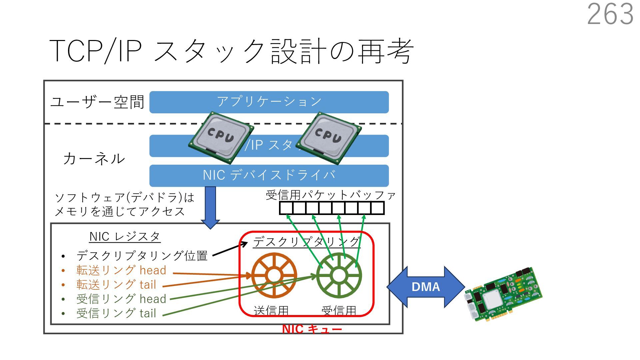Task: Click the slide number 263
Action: coord(610,14)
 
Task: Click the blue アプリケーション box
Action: coord(269,102)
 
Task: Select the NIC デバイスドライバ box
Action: coord(269,175)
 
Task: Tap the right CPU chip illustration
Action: coord(328,138)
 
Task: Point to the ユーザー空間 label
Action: coord(97,102)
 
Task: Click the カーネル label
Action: coord(94,159)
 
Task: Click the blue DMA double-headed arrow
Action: coord(426,287)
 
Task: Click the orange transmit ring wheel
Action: coord(274,275)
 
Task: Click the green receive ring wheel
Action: coord(339,275)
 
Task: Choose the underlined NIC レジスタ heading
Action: coord(125,237)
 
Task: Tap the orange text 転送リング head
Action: coord(121,270)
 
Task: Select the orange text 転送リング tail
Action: coord(116,285)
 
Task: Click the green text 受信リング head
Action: coord(121,299)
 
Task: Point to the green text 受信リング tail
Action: coord(116,313)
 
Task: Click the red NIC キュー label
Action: coord(312,329)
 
